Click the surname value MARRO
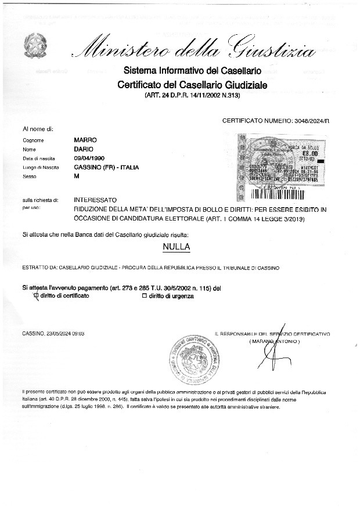[x=85, y=140]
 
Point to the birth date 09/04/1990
[x=91, y=158]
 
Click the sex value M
[x=77, y=176]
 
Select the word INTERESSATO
[x=95, y=200]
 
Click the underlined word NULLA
[x=177, y=247]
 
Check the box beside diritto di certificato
[x=36, y=296]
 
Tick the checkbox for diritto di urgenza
[x=145, y=297]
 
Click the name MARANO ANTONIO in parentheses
[x=275, y=341]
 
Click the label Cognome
[x=33, y=141]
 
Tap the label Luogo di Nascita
[x=38, y=168]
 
